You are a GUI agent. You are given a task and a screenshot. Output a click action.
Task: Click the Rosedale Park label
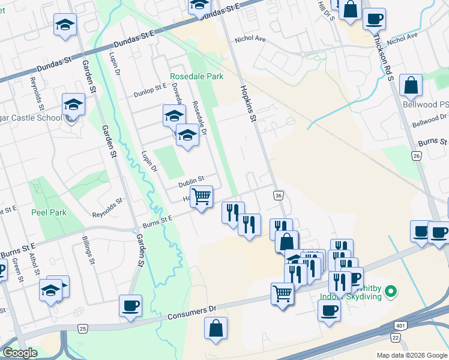pos(196,76)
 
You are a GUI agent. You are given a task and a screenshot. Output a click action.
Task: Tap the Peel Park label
pos(49,212)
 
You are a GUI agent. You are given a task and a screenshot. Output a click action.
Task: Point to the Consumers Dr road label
pos(191,313)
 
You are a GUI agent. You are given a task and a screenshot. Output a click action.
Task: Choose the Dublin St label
pos(191,178)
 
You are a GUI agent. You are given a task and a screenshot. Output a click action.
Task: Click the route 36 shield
pos(278,196)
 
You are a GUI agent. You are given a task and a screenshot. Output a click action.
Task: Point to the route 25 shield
pos(83,328)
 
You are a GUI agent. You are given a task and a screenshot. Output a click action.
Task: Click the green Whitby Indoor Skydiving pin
pos(391,293)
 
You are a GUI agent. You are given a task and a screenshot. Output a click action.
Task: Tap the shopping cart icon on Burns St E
pos(202,196)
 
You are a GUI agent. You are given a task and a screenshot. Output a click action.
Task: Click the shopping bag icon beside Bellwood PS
pos(411,86)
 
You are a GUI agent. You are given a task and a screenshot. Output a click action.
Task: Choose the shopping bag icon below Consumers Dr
pos(215,329)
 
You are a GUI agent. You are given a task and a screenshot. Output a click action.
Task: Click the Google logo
pos(20,353)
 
